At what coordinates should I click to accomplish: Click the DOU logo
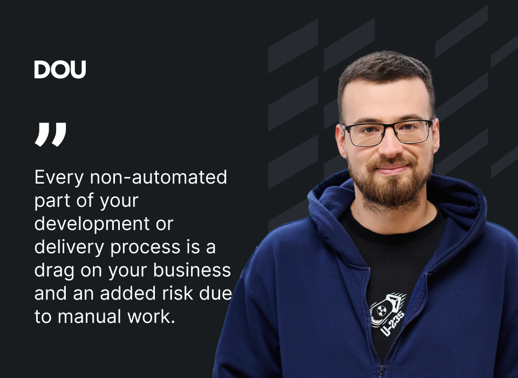point(60,70)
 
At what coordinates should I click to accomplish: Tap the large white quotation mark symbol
point(50,134)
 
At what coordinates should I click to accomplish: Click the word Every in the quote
point(59,178)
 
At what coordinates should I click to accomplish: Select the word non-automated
point(158,177)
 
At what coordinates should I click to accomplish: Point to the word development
point(92,225)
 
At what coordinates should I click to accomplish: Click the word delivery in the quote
point(70,247)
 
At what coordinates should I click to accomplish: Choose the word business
point(192,270)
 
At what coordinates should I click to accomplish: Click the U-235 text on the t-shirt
point(392,324)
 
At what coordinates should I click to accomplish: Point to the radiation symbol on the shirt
point(381,310)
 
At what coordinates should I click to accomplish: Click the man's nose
point(390,145)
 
